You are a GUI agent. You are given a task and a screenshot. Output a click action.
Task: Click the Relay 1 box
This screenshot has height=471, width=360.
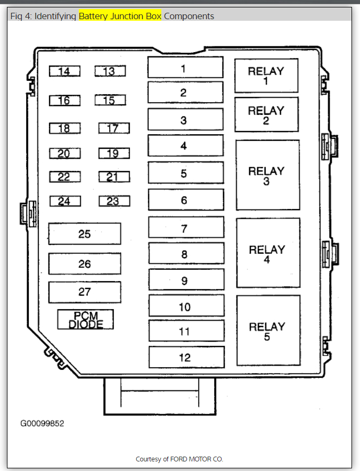pos(266,76)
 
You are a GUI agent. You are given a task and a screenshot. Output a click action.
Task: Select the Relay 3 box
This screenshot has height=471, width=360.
pos(268,175)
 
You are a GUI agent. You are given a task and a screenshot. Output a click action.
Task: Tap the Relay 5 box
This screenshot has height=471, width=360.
pos(268,330)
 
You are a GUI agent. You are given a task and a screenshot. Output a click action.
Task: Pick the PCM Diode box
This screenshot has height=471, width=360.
pos(86,319)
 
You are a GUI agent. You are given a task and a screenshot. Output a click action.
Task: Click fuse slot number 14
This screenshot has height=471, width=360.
pos(64,71)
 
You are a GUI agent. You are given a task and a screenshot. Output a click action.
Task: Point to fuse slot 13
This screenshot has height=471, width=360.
pos(110,71)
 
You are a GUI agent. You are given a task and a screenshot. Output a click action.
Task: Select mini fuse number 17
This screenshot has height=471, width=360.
pos(113,128)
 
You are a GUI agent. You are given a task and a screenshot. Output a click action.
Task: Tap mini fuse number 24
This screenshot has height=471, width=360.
pos(65,201)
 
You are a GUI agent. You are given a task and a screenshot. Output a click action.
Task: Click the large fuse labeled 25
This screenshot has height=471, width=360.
pos(85,234)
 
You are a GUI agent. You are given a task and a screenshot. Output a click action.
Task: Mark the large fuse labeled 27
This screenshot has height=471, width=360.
pos(85,292)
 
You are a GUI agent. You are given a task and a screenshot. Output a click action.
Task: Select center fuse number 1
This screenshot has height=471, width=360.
pos(185,68)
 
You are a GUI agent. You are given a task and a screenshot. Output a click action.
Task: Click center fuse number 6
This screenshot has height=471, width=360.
pos(185,200)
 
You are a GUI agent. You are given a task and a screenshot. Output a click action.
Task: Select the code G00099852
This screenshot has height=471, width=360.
pos(43,424)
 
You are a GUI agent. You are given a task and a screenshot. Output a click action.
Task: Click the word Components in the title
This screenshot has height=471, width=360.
pos(189,16)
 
